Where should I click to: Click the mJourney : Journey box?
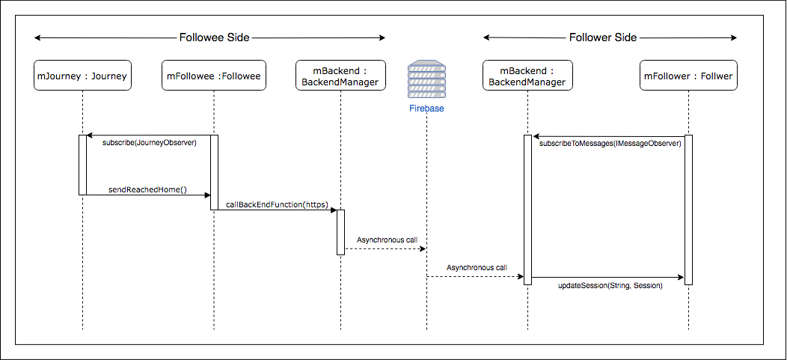82,76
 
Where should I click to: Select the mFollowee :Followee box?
214,76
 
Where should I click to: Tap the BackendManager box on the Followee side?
340,76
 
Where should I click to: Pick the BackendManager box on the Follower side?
527,76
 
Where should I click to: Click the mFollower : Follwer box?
688,76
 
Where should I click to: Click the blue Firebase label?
426,109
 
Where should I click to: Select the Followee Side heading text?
214,37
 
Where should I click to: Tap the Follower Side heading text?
603,37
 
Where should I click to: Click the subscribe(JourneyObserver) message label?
149,143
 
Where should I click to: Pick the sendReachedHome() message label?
148,189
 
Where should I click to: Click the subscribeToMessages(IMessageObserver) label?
610,143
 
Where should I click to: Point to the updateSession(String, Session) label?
610,285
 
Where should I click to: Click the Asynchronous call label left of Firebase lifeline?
386,240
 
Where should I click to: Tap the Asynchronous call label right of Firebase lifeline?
477,267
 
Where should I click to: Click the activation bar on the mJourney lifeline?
82,165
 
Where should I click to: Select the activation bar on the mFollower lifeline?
688,210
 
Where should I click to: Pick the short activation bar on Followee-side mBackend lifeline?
340,232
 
